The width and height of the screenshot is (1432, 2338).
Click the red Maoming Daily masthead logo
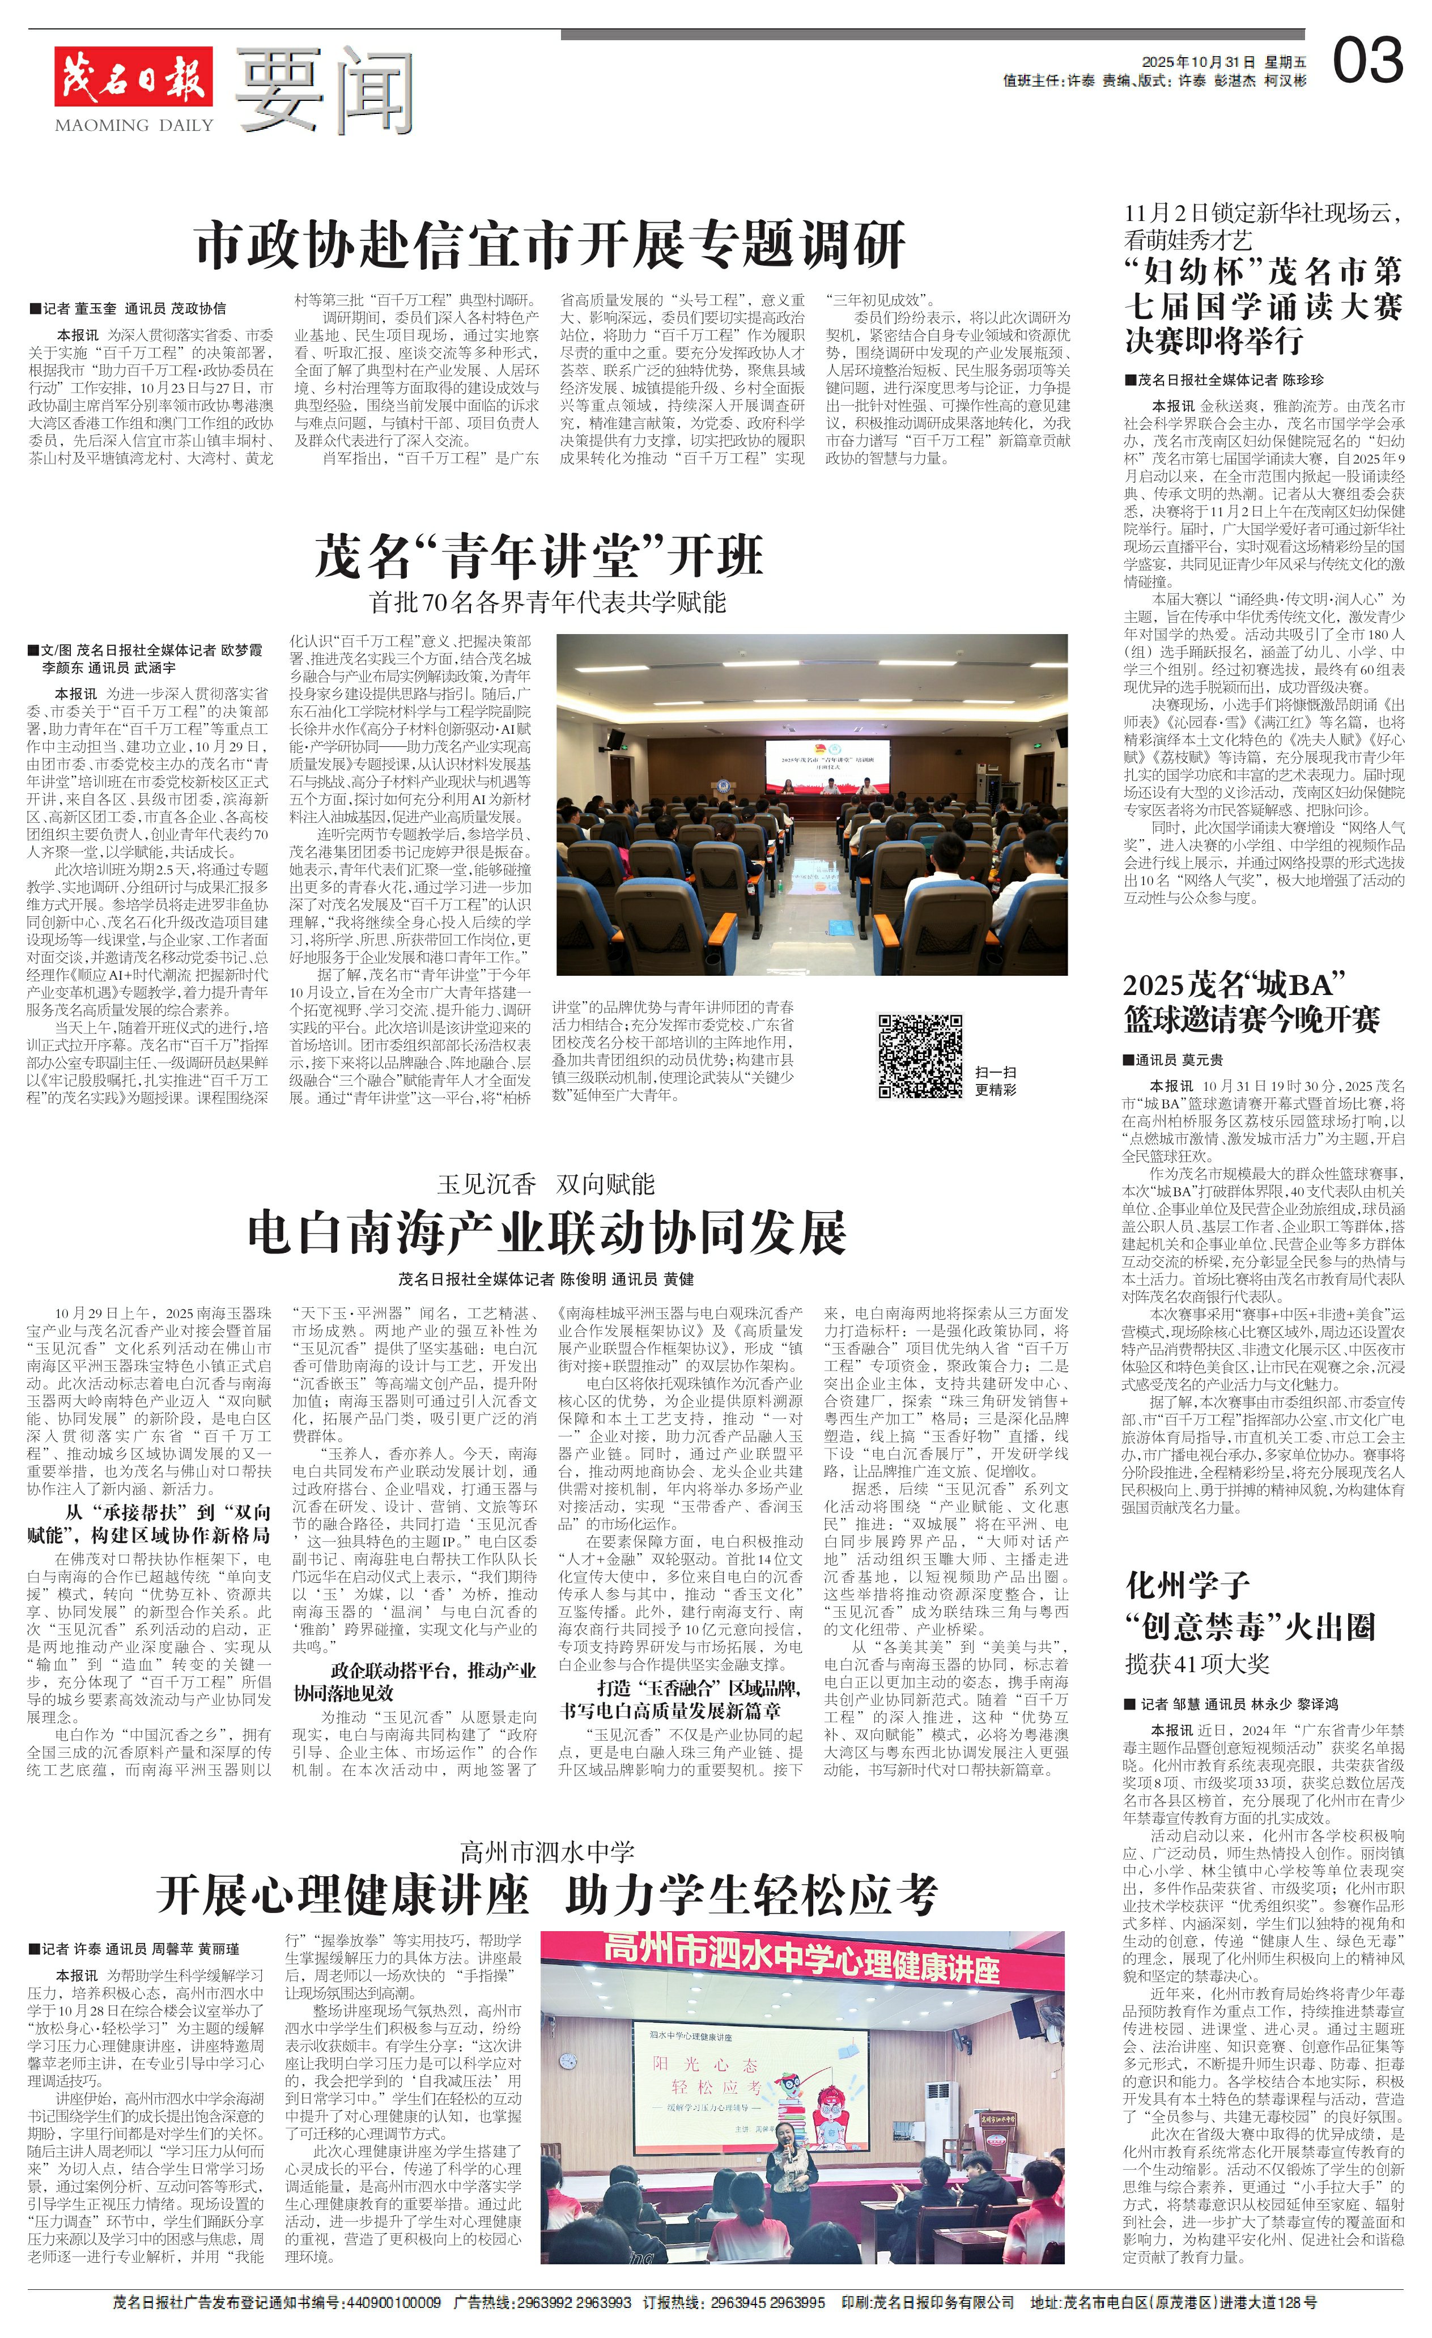133,76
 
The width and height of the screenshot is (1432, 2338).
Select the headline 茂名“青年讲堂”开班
539,556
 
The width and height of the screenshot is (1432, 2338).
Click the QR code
920,1055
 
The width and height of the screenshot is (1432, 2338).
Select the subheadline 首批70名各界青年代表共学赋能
547,602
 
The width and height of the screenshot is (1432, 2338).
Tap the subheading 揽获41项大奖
1197,1663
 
